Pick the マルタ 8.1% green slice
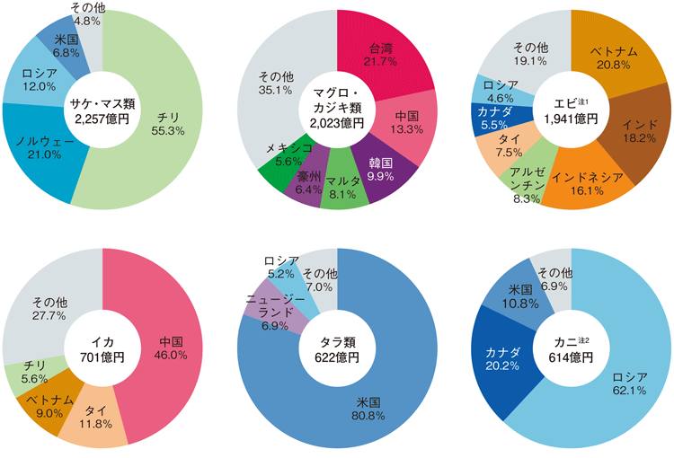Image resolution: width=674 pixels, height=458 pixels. tap(343, 186)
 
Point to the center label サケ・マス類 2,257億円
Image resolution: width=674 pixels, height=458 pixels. tap(102, 110)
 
